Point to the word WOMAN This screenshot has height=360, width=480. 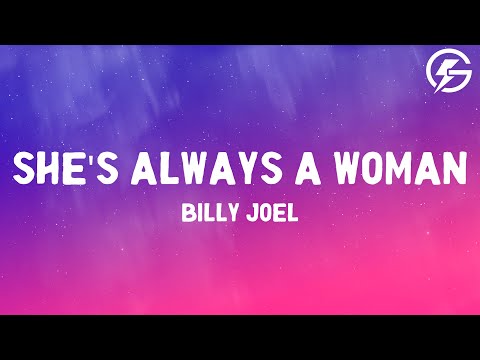[401, 168]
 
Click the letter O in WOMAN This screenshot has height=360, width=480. [379, 168]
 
